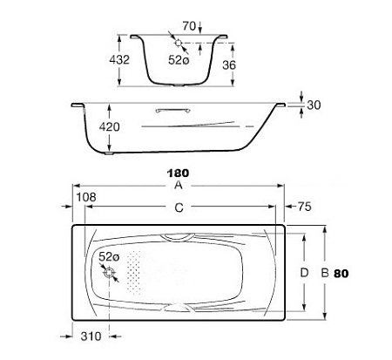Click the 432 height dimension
(119, 60)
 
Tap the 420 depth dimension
(109, 127)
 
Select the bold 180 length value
(178, 173)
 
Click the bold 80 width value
(341, 274)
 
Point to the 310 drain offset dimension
(91, 336)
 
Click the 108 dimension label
(86, 197)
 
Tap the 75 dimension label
(304, 207)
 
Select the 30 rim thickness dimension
(314, 105)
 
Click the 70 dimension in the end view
(189, 26)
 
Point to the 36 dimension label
(229, 65)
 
